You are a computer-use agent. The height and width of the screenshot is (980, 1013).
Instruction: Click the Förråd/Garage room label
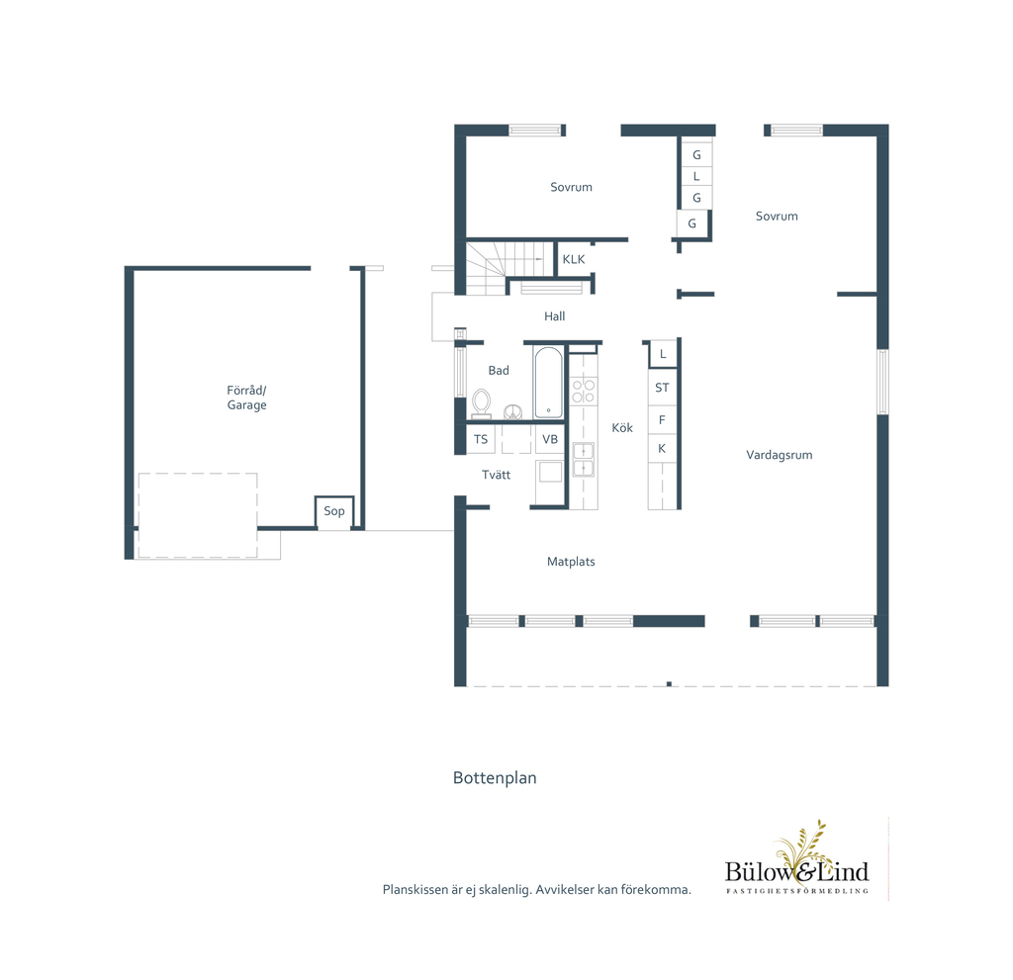click(x=246, y=398)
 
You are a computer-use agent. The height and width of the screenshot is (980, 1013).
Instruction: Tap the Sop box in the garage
click(x=334, y=512)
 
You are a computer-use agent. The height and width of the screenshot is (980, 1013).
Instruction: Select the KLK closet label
click(x=574, y=259)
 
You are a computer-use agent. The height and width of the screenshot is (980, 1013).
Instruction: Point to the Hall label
click(x=554, y=315)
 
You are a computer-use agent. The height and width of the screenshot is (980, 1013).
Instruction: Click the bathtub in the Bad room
click(x=548, y=383)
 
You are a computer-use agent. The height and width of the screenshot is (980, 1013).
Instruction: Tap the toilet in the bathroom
click(x=482, y=403)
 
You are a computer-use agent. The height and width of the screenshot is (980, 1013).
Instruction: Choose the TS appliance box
click(x=481, y=439)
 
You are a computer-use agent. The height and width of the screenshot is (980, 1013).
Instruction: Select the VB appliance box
click(x=550, y=439)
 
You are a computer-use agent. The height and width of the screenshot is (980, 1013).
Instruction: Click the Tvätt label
click(x=497, y=475)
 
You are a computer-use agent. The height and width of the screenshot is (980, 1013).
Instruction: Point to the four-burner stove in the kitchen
click(x=584, y=391)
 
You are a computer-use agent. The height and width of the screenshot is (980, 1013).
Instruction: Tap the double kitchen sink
click(x=584, y=459)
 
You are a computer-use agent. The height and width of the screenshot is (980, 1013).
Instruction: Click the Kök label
click(x=622, y=427)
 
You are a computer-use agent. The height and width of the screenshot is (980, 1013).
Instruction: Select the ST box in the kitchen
click(x=662, y=388)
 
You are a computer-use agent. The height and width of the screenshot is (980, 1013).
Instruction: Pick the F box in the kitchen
click(x=662, y=420)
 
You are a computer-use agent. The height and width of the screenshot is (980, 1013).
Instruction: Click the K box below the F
click(x=662, y=448)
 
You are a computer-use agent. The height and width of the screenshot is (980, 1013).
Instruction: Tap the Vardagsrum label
click(x=780, y=455)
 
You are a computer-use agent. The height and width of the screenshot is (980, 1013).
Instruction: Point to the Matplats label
click(x=571, y=562)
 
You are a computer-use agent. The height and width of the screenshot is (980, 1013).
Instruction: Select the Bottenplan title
click(x=495, y=778)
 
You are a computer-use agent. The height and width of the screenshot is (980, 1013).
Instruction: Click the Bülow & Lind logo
click(x=797, y=858)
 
